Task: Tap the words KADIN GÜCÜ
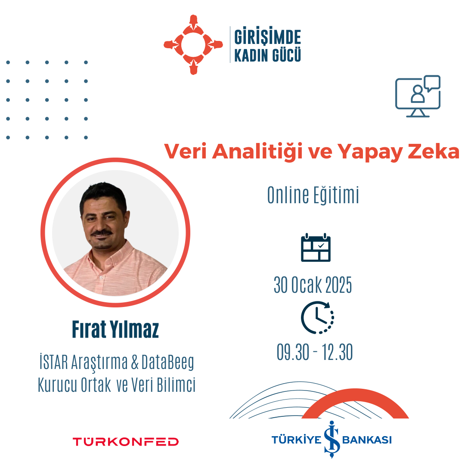(267, 55)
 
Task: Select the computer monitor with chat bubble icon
(418, 96)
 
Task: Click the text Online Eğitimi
(313, 195)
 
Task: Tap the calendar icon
(316, 248)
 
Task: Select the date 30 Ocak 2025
(313, 285)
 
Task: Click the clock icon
(317, 317)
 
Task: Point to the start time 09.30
(293, 352)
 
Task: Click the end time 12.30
(337, 352)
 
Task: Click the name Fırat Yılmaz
(115, 329)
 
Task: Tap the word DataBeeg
(168, 363)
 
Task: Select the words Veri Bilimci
(164, 384)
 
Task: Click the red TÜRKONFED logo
(126, 442)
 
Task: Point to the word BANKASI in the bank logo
(367, 440)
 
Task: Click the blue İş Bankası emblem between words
(332, 439)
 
